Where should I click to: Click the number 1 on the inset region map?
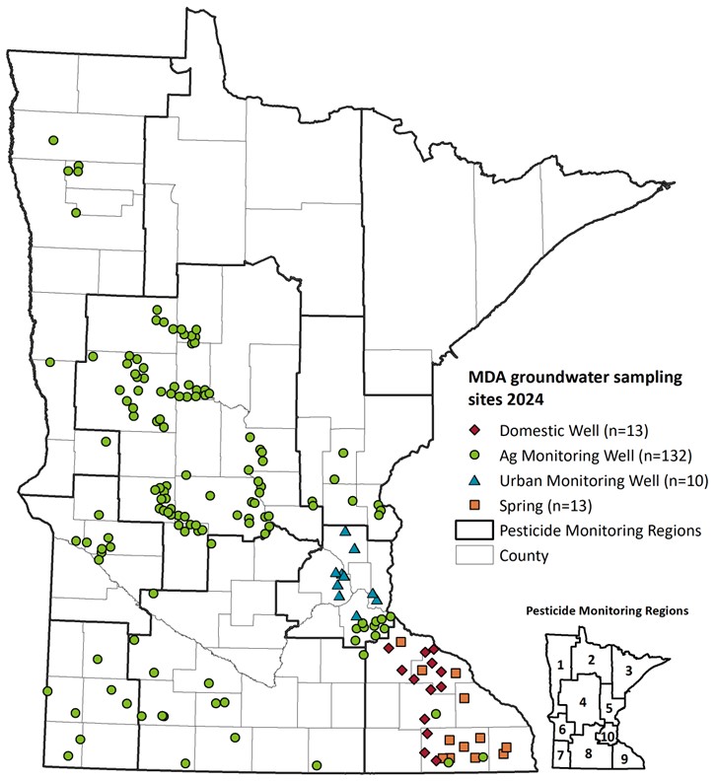(560, 666)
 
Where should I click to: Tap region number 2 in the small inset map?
(590, 659)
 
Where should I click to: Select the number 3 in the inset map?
(629, 670)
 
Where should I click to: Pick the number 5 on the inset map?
(609, 707)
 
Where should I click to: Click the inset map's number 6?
(562, 730)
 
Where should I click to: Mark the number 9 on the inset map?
(623, 758)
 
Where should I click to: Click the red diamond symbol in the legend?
(474, 431)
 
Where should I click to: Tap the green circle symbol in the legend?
(474, 456)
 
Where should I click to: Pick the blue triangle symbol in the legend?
(474, 480)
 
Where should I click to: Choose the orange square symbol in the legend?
(474, 505)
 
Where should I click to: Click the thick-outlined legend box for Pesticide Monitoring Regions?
(474, 531)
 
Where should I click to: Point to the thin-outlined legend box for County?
(474, 555)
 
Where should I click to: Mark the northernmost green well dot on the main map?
(53, 140)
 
